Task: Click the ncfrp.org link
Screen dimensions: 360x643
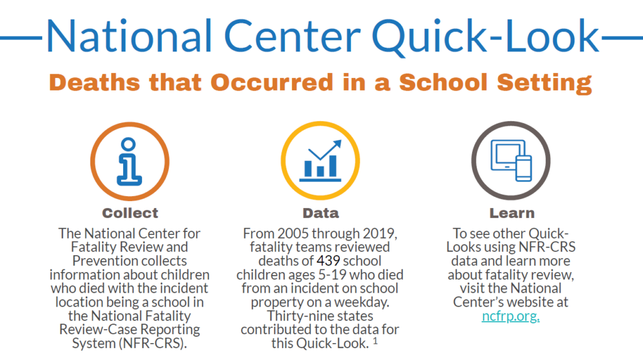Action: tap(510, 316)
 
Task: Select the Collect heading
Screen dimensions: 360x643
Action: tap(130, 213)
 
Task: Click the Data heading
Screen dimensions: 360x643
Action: tap(320, 213)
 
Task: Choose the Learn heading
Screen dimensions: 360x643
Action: tap(512, 213)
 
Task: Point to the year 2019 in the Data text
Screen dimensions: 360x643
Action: tap(378, 234)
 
